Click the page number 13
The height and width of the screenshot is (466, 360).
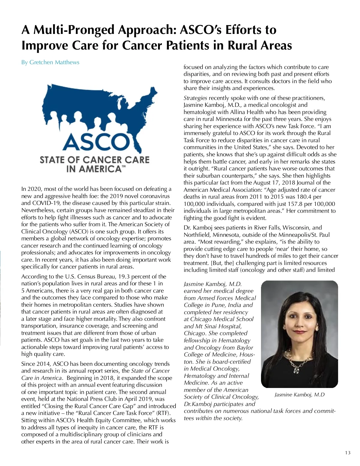347,453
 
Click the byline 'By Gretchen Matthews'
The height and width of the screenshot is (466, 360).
50,62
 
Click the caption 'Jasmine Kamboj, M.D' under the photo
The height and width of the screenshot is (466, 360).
299,395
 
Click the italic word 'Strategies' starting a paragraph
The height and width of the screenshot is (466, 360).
195,98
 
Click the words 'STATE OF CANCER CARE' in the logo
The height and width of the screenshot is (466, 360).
94,160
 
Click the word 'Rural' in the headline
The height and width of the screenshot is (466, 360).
247,45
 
